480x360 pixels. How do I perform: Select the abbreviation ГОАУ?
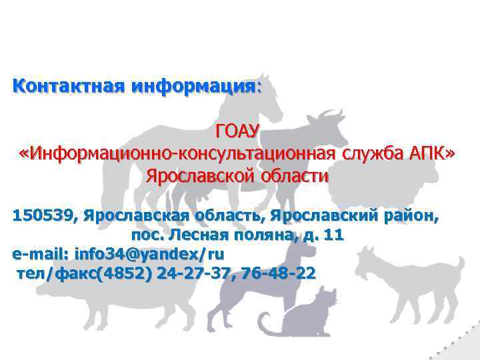[x=239, y=131]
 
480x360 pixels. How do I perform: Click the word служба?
[x=376, y=154]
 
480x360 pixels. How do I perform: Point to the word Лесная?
[x=195, y=235]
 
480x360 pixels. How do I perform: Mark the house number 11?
[x=333, y=235]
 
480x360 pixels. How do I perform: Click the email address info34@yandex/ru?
[x=149, y=255]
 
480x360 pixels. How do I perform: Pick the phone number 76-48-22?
[x=280, y=274]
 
